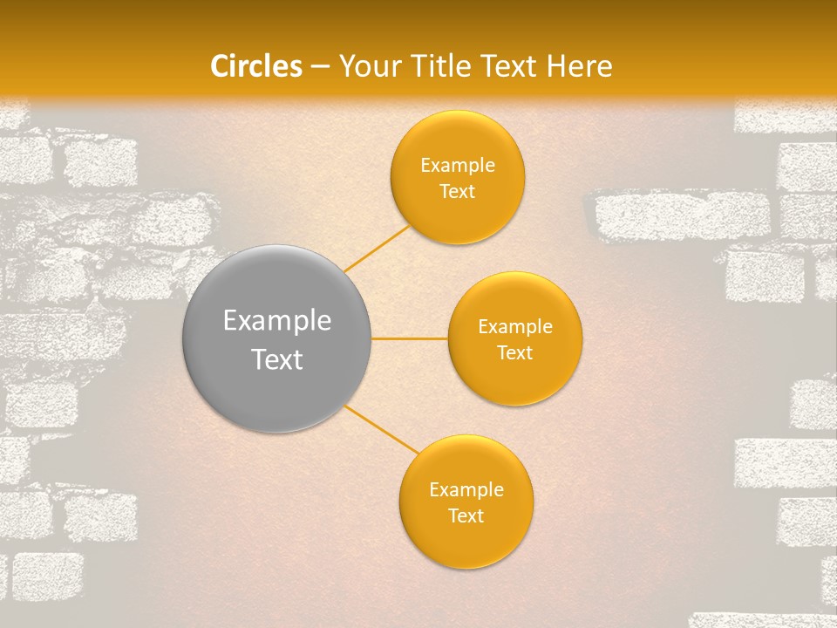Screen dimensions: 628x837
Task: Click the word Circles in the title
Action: click(256, 66)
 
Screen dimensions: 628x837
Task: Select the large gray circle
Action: click(276, 338)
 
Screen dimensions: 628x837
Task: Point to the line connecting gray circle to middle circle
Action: click(409, 338)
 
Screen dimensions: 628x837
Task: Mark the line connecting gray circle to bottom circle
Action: click(382, 430)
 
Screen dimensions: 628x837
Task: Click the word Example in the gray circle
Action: click(276, 321)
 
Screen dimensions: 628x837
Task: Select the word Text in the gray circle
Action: click(276, 359)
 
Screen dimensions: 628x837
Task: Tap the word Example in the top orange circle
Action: click(457, 166)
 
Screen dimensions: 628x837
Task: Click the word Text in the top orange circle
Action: click(457, 192)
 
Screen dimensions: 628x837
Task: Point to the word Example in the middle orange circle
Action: click(514, 327)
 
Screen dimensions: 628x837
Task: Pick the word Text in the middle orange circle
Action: click(514, 353)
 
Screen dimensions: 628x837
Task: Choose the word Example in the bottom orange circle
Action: click(466, 490)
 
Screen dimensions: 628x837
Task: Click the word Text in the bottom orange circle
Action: click(466, 516)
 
